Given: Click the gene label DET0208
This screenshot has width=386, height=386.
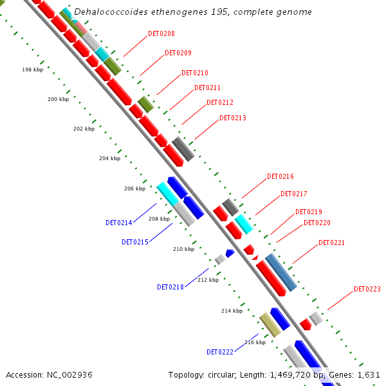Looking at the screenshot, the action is click(161, 33).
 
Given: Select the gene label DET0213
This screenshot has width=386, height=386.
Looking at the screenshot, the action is click(232, 118).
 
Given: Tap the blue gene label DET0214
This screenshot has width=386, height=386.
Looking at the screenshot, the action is click(118, 223).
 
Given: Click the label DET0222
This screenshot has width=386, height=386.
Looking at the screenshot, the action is click(219, 352).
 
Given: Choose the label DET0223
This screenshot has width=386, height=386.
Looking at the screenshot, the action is click(367, 289).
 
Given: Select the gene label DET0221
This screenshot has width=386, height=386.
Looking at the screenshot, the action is click(331, 243).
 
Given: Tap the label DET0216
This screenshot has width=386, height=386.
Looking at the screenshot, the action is click(280, 176).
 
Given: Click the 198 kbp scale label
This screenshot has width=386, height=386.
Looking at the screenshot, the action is click(32, 69).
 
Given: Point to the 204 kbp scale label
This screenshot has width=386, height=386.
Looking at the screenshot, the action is click(109, 158).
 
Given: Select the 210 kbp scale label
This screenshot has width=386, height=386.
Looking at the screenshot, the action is click(183, 249).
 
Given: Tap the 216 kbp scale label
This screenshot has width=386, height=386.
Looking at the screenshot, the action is click(255, 342).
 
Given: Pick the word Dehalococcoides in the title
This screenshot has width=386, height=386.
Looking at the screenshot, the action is click(107, 12).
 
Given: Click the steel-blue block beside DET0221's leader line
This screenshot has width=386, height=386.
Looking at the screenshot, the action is click(281, 272).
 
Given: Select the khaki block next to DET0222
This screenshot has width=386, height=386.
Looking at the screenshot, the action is click(270, 325).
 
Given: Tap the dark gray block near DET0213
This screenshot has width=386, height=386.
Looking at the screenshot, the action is click(183, 149).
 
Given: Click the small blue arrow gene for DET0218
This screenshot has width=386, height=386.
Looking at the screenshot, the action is click(230, 253).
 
